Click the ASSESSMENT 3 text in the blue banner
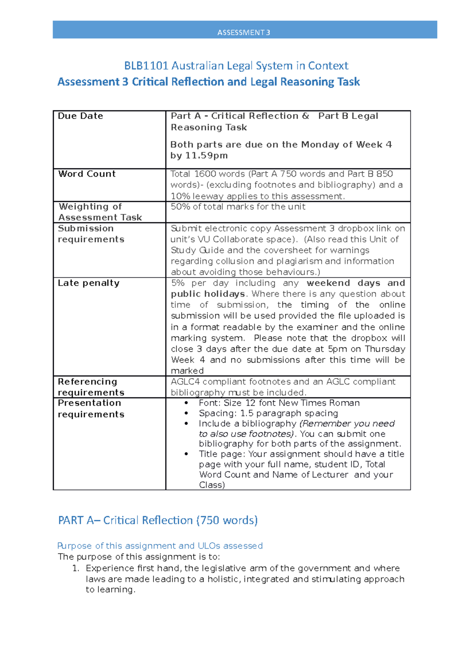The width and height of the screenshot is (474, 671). [x=244, y=32]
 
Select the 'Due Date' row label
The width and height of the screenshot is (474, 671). [x=81, y=116]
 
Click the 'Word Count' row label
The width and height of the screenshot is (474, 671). [x=87, y=174]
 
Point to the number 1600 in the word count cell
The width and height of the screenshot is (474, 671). [x=205, y=174]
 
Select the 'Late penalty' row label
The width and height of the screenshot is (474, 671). [x=88, y=283]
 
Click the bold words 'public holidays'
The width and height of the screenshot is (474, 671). [x=208, y=294]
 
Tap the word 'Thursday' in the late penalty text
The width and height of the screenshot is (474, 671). [x=385, y=349]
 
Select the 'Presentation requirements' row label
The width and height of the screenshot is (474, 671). [x=91, y=409]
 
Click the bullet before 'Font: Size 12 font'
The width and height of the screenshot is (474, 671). [x=186, y=403]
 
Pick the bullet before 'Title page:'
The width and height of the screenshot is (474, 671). [x=186, y=454]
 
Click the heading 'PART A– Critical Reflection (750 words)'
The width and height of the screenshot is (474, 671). [x=158, y=520]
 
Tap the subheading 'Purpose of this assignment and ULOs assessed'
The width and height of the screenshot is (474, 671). [x=160, y=546]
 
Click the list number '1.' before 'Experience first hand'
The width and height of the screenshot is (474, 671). [x=76, y=568]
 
